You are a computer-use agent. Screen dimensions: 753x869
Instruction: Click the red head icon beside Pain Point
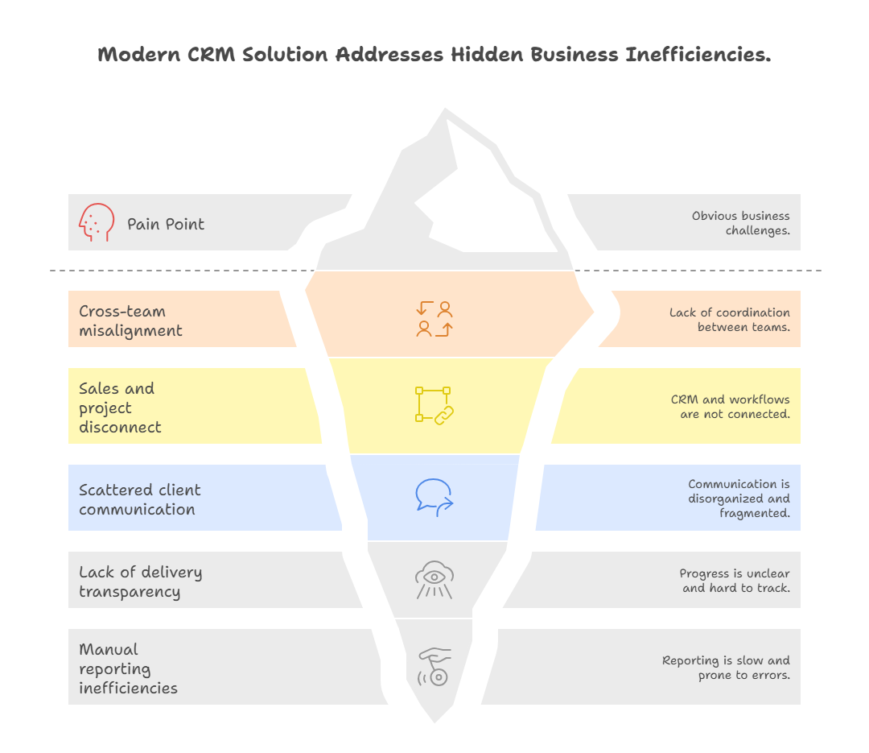click(x=97, y=222)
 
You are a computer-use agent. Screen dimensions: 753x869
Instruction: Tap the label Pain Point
click(x=166, y=224)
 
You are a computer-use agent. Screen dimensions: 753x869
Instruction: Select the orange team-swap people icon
click(x=434, y=319)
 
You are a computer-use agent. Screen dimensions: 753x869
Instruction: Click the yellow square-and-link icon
click(x=434, y=405)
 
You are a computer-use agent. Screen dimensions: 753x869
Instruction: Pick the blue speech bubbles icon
click(x=434, y=497)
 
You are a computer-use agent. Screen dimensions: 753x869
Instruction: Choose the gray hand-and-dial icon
click(x=434, y=666)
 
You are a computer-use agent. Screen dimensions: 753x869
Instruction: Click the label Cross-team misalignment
click(x=130, y=321)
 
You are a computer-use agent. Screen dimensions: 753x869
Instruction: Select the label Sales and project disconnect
click(x=120, y=408)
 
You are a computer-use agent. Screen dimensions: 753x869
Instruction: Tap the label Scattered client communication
click(x=139, y=499)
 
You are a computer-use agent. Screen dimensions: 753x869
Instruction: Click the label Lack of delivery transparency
click(x=140, y=581)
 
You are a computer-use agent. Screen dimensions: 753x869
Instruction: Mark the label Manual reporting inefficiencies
click(x=128, y=668)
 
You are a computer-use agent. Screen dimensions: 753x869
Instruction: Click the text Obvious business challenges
click(x=740, y=223)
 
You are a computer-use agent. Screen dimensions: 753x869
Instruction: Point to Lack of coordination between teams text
click(x=729, y=320)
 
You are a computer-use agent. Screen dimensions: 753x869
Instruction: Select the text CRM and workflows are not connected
click(x=730, y=407)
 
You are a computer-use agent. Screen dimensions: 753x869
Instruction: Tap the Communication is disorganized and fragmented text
click(x=739, y=499)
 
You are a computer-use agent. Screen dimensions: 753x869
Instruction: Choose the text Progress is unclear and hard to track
click(x=734, y=581)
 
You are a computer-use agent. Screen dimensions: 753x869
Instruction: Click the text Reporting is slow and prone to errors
click(x=726, y=668)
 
